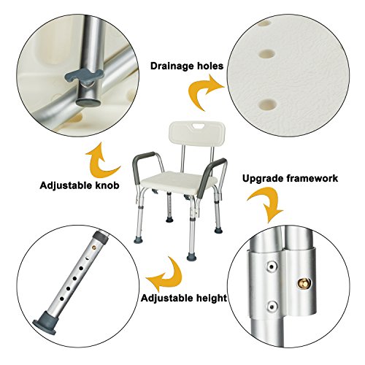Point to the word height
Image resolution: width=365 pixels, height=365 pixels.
coord(207,298)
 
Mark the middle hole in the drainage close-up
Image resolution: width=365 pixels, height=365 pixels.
coord(269,53)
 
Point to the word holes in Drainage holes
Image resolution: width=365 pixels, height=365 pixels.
coord(209,66)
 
